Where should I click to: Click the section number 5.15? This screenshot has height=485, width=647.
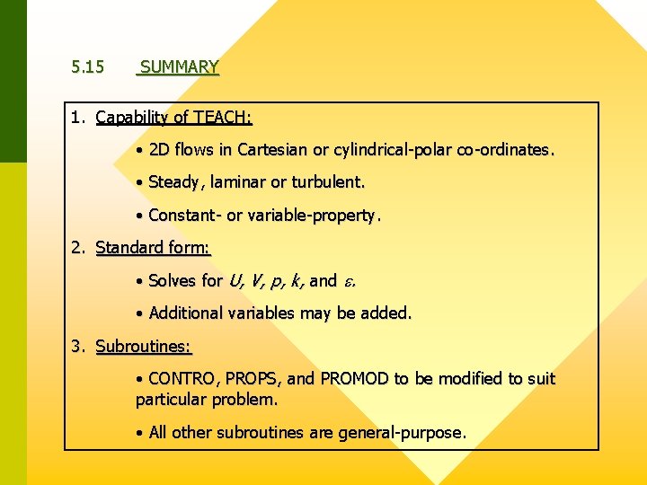88,67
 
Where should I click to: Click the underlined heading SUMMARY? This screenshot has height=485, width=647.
179,67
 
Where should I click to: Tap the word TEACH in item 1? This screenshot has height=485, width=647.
222,118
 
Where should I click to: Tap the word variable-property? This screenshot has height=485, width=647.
319,216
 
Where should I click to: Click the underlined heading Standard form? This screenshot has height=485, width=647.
152,248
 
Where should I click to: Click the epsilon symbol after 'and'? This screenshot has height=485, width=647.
348,282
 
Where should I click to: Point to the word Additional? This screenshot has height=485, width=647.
186,313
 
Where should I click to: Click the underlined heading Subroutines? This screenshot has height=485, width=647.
144,347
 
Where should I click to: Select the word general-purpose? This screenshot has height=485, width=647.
402,433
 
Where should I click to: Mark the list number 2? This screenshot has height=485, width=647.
78,248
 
